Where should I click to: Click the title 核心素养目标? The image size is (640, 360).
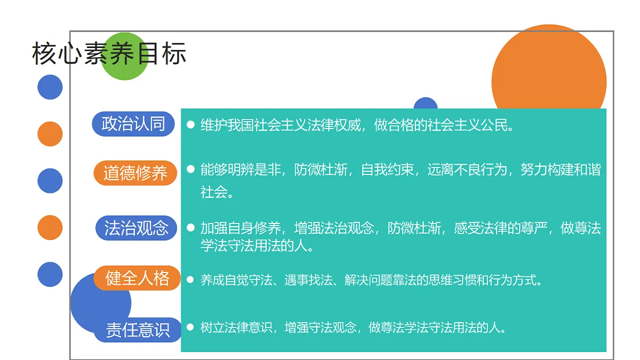[109, 54]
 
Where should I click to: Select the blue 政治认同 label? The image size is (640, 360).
[133, 124]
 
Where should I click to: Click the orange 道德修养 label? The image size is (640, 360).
[135, 173]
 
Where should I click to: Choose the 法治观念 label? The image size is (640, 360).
[136, 228]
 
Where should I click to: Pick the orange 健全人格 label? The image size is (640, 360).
[137, 278]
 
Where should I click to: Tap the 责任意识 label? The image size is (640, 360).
[138, 330]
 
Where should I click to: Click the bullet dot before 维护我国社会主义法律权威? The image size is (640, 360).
[190, 125]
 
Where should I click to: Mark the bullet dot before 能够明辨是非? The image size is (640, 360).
[190, 169]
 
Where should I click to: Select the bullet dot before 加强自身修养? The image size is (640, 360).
[190, 228]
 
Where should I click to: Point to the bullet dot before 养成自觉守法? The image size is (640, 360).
[190, 279]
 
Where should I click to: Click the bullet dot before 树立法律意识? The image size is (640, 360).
[190, 326]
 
